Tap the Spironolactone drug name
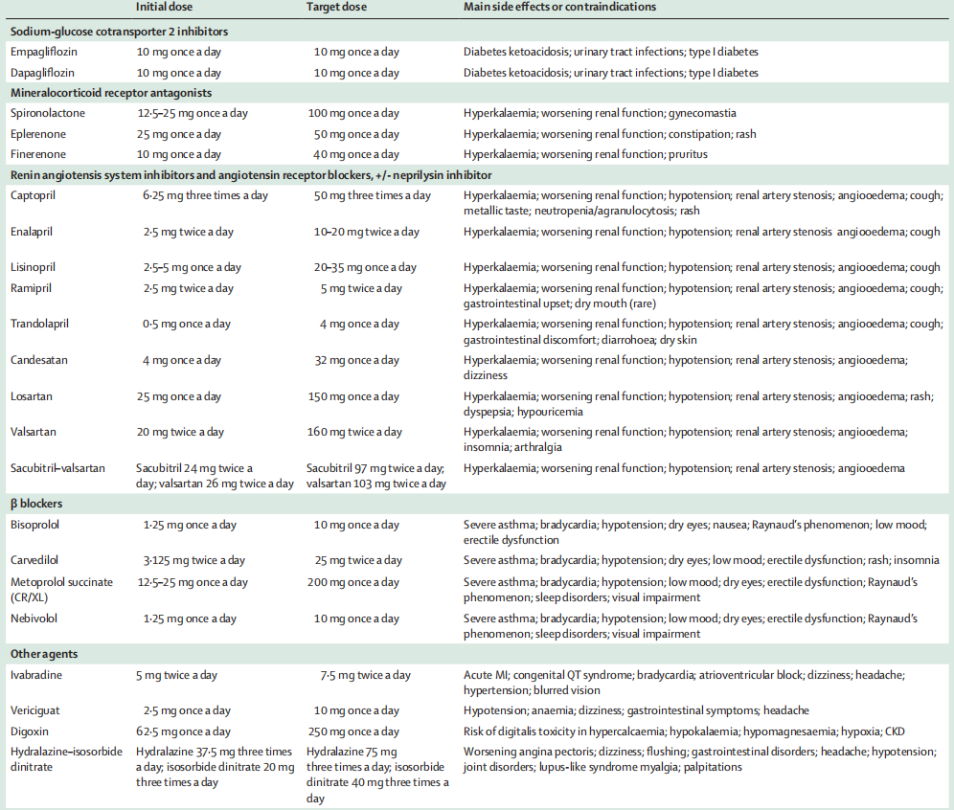click(x=48, y=113)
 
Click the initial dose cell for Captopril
click(x=205, y=195)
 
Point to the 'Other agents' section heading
click(x=44, y=654)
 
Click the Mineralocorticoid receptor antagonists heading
click(x=110, y=93)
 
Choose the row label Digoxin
click(x=31, y=731)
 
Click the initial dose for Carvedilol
click(x=193, y=560)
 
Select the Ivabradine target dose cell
click(x=365, y=675)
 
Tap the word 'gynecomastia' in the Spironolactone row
click(x=702, y=113)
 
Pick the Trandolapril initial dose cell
click(x=186, y=325)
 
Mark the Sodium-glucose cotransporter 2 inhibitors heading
click(x=119, y=32)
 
